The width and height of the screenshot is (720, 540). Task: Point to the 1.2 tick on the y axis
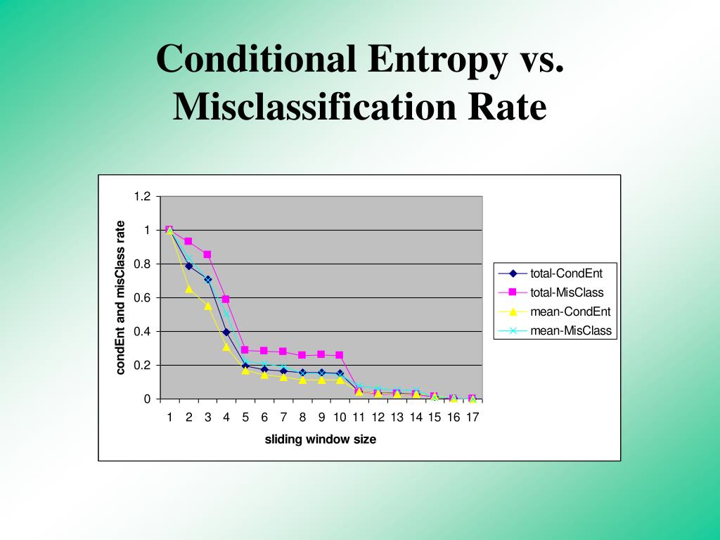(x=143, y=196)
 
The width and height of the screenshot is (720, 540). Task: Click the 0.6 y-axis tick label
(x=143, y=297)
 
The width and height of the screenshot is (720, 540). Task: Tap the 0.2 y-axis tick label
(x=143, y=365)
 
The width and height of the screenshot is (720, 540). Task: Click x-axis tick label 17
(x=472, y=417)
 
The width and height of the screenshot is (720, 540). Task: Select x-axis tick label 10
(x=340, y=417)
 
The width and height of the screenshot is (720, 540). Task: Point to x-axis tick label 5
(x=245, y=417)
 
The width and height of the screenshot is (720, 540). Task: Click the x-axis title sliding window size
(x=320, y=439)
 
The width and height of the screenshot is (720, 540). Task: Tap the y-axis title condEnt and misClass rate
(x=120, y=297)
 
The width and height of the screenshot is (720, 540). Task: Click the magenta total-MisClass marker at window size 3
(x=207, y=255)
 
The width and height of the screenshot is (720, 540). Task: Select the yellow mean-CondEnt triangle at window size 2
(x=188, y=288)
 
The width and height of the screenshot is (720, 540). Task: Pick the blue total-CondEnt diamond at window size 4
(x=226, y=332)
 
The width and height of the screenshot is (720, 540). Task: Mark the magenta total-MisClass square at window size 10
(x=340, y=355)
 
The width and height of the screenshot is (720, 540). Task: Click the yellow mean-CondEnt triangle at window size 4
(x=226, y=346)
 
